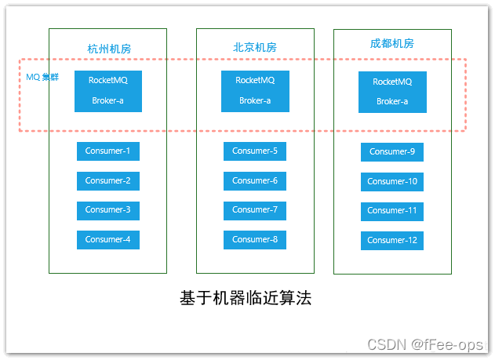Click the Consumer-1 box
[x=108, y=151]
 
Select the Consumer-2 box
[x=108, y=181]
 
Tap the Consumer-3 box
[x=108, y=210]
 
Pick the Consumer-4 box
[x=108, y=240]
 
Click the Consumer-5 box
[x=255, y=151]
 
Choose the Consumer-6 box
[x=255, y=181]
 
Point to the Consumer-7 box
[x=255, y=210]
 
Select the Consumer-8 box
[x=255, y=240]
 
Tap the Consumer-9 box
[x=392, y=152]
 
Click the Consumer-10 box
[x=392, y=182]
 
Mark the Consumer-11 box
[x=392, y=211]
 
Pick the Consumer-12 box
[x=392, y=241]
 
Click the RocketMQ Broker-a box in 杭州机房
[x=108, y=91]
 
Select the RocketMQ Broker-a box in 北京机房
[x=255, y=91]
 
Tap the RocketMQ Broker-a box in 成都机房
[x=392, y=92]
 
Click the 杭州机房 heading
[x=109, y=49]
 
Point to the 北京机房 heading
[x=255, y=47]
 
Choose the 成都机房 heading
[x=392, y=44]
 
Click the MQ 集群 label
[x=42, y=77]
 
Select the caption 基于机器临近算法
[x=246, y=299]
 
